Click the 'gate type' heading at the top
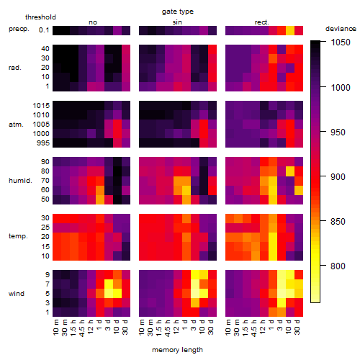[x=178, y=12]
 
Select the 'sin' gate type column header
[x=177, y=22]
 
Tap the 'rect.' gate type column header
[x=261, y=22]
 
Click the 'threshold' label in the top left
[x=40, y=17]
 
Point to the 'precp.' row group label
[x=19, y=29]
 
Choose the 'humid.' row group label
[x=20, y=180]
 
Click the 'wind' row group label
[x=17, y=293]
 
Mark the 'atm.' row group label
[x=16, y=125]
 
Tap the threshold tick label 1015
[x=41, y=105]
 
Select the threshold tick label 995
[x=43, y=143]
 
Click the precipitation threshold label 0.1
[x=44, y=30]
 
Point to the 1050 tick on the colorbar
[x=341, y=42]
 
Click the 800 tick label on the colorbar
[x=338, y=266]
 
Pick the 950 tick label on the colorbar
[x=338, y=132]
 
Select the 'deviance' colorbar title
[x=341, y=29]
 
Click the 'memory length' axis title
[x=177, y=350]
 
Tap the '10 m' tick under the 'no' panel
[x=55, y=327]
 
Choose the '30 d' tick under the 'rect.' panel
[x=297, y=327]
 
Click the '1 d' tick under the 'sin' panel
[x=185, y=325]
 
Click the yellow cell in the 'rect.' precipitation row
[x=290, y=30]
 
